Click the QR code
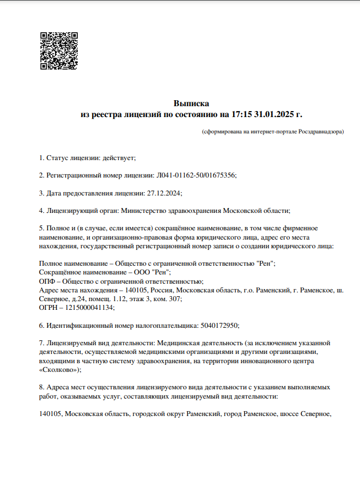tap(59, 51)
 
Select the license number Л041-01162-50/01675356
tap(197, 175)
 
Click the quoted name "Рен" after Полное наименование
tap(265, 264)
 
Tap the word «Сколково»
tap(59, 369)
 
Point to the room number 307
tap(176, 299)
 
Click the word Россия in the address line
tap(162, 290)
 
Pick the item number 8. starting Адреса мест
tap(42, 387)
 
